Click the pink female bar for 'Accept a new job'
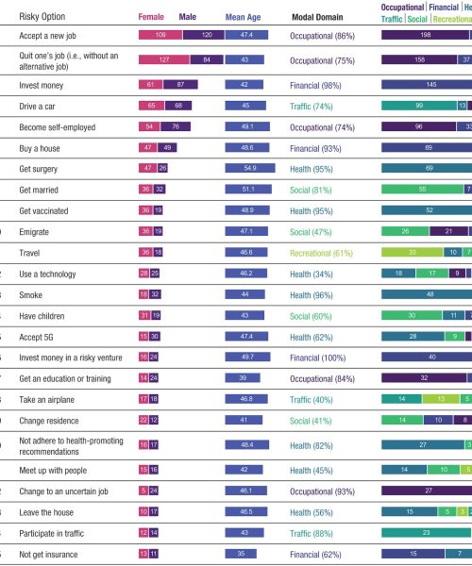[161, 35]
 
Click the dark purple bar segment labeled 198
[425, 35]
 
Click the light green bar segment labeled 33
[412, 253]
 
